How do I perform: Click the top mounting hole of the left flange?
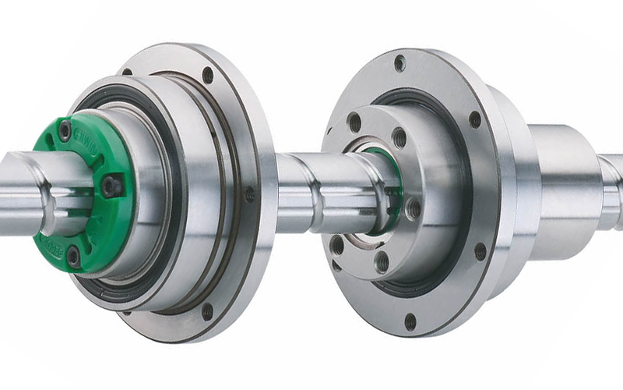point(208,75)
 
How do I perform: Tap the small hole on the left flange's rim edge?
point(250,194)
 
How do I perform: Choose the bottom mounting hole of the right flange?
point(410,321)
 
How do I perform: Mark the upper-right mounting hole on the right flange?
point(474,119)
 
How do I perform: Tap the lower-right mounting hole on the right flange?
point(480,251)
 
